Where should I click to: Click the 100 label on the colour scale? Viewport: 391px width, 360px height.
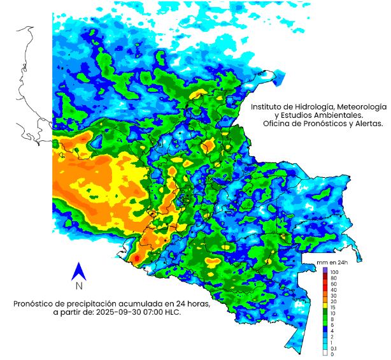click(x=334, y=272)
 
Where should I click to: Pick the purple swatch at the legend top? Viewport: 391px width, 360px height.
click(x=325, y=272)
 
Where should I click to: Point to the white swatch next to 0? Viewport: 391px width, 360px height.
click(x=325, y=354)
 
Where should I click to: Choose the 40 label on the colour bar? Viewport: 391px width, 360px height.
click(x=334, y=290)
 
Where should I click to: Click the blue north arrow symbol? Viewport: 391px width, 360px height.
click(x=79, y=271)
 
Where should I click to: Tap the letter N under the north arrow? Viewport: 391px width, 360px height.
click(x=79, y=286)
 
